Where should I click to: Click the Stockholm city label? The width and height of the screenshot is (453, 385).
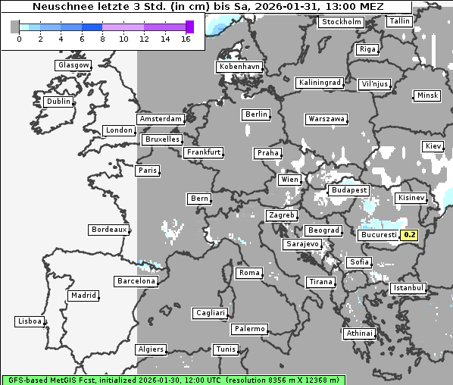[341, 22]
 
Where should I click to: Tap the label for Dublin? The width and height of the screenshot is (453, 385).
[58, 102]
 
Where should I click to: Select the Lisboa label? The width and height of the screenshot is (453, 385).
[30, 321]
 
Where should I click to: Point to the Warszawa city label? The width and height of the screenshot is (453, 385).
[326, 119]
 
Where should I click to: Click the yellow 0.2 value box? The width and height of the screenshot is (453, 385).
[409, 235]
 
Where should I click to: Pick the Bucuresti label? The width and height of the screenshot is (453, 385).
[379, 235]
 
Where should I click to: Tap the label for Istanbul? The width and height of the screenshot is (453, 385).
[408, 289]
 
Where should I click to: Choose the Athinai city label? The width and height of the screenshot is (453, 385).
[359, 333]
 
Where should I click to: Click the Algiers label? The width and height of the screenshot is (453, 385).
[150, 349]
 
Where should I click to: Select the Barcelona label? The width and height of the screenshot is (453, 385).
[136, 281]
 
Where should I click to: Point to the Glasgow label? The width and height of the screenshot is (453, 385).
[73, 65]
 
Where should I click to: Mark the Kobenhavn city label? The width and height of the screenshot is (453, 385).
[239, 67]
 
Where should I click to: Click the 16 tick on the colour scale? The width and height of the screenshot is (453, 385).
[186, 38]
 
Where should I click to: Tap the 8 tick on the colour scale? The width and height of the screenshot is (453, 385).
[102, 38]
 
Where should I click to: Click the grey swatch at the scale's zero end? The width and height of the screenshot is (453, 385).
[15, 27]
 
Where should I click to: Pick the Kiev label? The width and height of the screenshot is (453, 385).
[433, 146]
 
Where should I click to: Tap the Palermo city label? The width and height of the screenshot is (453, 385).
[249, 329]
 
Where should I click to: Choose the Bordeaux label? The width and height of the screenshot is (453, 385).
[108, 230]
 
